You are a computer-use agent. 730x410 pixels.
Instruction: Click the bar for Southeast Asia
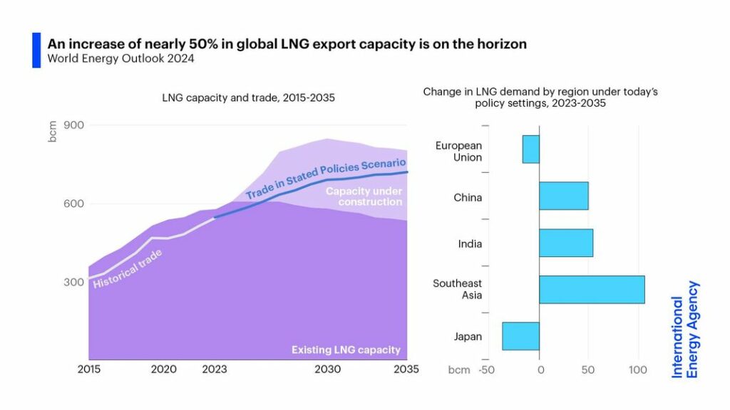(592, 290)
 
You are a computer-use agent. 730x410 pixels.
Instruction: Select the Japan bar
(520, 336)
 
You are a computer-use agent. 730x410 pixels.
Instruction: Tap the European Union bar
(530, 149)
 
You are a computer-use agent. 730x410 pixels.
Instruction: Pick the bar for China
(563, 196)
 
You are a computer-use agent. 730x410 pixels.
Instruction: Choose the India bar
(566, 243)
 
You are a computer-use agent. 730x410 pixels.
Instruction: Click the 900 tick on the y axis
(74, 125)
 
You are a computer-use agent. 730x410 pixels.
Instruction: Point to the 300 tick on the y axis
(74, 282)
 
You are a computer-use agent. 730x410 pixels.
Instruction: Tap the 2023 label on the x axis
(215, 370)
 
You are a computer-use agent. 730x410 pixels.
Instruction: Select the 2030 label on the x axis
(327, 370)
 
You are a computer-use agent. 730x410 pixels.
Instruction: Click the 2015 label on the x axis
(88, 370)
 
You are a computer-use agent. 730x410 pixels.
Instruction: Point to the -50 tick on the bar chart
(486, 370)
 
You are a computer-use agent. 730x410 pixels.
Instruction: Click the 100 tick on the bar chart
(637, 370)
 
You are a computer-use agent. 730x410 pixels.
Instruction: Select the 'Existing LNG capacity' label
(346, 350)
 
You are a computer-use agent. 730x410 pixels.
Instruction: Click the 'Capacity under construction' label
(364, 196)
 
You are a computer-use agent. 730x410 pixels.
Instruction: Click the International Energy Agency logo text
(685, 328)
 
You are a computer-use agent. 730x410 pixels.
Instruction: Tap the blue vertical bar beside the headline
(36, 50)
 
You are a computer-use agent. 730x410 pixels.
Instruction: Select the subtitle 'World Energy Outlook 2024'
(120, 59)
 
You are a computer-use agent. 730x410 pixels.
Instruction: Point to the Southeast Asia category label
(457, 290)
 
